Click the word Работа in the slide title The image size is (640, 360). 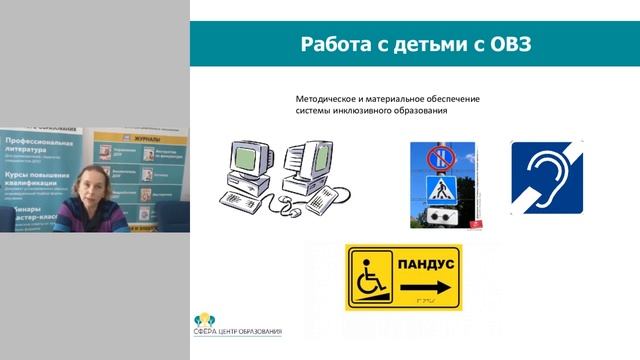[337, 44]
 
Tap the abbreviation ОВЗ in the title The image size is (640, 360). [503, 44]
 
